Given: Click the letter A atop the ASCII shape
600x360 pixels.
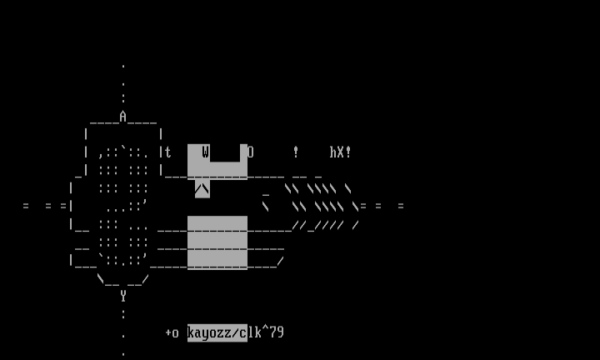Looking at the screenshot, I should [122, 117].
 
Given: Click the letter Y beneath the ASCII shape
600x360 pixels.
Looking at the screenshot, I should [122, 296].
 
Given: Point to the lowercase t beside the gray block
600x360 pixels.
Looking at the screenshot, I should [167, 152].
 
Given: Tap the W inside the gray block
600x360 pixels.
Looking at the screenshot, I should [205, 152].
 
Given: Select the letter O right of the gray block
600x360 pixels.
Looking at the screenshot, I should [250, 152].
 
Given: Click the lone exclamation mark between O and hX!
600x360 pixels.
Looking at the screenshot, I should [295, 152].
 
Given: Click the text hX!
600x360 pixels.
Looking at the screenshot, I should [340, 152].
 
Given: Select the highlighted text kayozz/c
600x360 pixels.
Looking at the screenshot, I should [217, 332].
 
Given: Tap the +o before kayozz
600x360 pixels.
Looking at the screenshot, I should [172, 332].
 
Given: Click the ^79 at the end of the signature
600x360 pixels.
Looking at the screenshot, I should [272, 332].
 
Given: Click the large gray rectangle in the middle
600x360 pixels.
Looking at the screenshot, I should [217, 242].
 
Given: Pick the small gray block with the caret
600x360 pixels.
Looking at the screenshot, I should [202, 189].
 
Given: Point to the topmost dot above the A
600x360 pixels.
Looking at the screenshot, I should [122, 66].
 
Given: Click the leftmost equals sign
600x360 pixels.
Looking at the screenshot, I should [25, 206].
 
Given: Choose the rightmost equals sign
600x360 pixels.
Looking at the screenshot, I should [401, 206].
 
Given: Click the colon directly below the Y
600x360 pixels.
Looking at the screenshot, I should [122, 314].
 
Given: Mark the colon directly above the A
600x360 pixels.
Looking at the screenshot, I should [122, 99].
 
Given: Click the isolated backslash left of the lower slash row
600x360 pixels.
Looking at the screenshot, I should [265, 206].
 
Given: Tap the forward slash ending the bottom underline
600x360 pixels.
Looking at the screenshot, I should [280, 261].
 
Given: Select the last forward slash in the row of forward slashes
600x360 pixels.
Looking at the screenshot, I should [355, 224].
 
